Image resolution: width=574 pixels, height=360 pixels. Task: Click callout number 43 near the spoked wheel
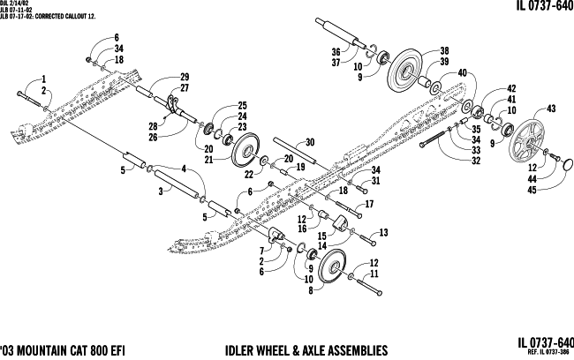[552, 109]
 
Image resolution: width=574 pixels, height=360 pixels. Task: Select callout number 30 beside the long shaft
[309, 141]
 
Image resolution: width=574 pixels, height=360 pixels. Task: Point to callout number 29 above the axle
[185, 77]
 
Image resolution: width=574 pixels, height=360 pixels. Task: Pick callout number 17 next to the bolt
[368, 204]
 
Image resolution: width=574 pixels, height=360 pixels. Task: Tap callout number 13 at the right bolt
[383, 232]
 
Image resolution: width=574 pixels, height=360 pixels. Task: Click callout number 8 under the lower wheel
[310, 289]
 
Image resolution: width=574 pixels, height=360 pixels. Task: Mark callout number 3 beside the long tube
[160, 189]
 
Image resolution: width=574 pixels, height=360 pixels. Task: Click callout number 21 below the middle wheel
[209, 159]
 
